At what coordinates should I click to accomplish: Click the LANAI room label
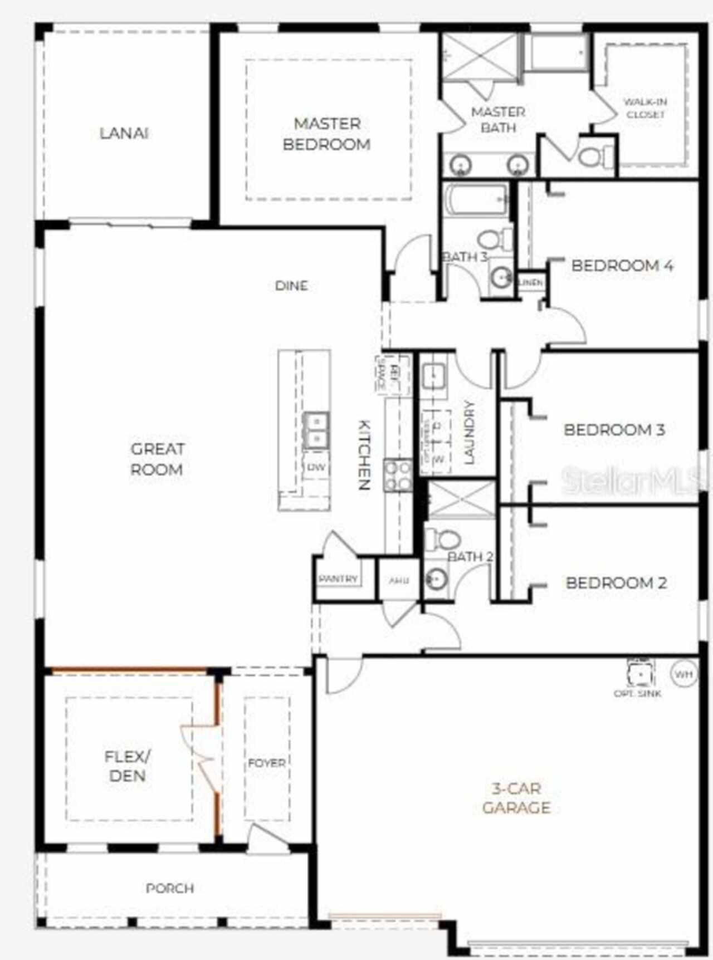[x=124, y=134]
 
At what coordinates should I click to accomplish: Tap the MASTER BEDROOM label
[x=327, y=134]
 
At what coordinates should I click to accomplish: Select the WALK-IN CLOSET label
[x=645, y=108]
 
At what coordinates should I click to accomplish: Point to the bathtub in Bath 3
[x=477, y=200]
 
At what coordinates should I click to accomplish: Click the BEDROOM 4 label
[x=622, y=266]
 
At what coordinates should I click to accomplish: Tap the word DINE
[x=291, y=286]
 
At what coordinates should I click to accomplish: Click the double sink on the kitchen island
[x=316, y=430]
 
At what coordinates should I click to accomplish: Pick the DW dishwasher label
[x=316, y=467]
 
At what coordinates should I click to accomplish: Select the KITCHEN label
[x=363, y=454]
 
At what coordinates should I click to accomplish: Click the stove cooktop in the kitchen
[x=398, y=476]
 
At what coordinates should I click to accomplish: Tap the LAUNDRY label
[x=469, y=432]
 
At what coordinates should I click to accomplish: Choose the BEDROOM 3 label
[x=614, y=430]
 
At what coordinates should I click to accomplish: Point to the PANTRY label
[x=338, y=579]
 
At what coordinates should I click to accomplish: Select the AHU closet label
[x=398, y=581]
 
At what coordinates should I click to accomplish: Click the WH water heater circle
[x=683, y=674]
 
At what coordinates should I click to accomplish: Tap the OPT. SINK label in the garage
[x=637, y=693]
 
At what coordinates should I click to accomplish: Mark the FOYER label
[x=267, y=763]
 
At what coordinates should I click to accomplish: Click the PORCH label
[x=170, y=888]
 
